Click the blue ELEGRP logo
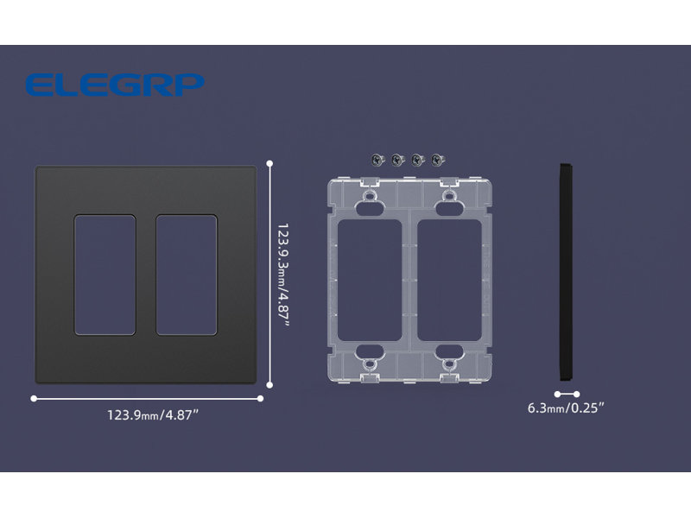115,85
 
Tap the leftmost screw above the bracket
377,160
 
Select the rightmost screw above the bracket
438,160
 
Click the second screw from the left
398,160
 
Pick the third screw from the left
418,160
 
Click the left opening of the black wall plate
105,275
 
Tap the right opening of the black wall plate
187,275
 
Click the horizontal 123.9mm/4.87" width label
153,415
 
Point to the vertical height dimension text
283,275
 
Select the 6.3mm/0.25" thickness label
566,407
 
